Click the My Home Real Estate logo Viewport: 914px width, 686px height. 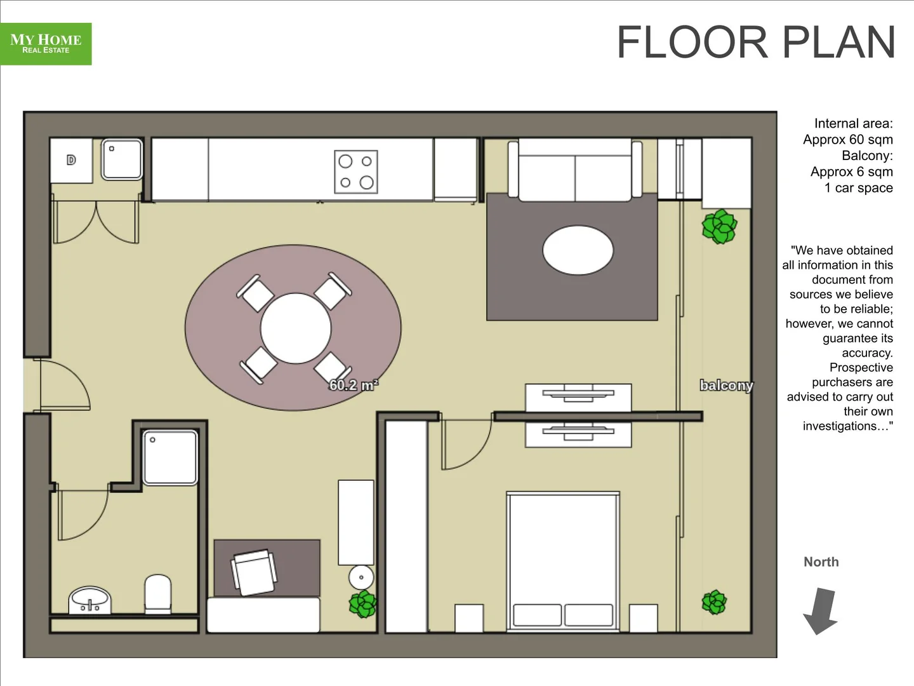(46, 44)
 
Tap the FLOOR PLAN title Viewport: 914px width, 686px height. (755, 43)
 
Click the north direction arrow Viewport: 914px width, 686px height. (821, 610)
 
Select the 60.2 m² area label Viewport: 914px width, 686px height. (354, 385)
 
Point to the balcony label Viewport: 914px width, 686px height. (726, 386)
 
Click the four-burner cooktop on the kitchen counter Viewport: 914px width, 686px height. (355, 171)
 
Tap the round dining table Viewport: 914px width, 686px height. (296, 328)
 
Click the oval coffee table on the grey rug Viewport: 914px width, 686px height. (578, 250)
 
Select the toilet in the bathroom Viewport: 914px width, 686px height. (158, 593)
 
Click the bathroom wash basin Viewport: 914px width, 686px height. (89, 600)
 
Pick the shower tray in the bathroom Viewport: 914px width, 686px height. (170, 457)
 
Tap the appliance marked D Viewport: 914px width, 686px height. (71, 160)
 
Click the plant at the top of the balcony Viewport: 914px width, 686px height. (719, 227)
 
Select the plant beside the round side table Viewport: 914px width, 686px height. (363, 603)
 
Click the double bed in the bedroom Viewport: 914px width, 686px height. (563, 561)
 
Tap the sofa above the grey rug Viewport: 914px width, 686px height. (574, 170)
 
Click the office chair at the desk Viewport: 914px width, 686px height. (255, 572)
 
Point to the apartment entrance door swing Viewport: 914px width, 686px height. (63, 385)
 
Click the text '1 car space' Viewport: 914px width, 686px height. (858, 188)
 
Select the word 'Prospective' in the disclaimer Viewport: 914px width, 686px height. (861, 368)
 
